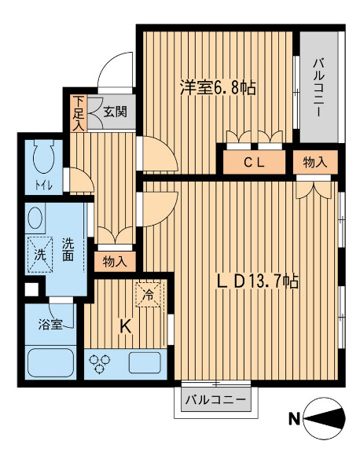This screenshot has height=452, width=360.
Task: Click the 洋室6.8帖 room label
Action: pos(218,87)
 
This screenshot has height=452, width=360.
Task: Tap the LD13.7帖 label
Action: pos(257,281)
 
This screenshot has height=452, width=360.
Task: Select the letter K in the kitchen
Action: pos(126,326)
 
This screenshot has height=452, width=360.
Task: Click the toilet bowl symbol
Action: pos(44,156)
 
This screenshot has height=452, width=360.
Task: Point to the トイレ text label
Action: pos(44,186)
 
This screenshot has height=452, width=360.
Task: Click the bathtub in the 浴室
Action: pos(51,361)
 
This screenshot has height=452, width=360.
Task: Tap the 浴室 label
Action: pos(50,325)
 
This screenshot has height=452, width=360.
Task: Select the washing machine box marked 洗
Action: pos(40,255)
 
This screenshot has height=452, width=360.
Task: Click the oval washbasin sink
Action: pos(35,218)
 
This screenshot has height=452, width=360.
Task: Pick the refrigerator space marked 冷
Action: pos(149,295)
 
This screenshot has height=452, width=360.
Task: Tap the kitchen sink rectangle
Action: pos(145,362)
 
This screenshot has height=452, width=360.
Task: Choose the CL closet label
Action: pos(254,163)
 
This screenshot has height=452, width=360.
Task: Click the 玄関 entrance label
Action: pos(115,112)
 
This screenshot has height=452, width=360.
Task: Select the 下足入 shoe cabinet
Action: pos(78,113)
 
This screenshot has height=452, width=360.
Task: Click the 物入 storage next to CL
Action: pos(315,162)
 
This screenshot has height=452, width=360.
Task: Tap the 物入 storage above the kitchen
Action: pos(115,262)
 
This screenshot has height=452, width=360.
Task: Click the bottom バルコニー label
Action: pos(215,400)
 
